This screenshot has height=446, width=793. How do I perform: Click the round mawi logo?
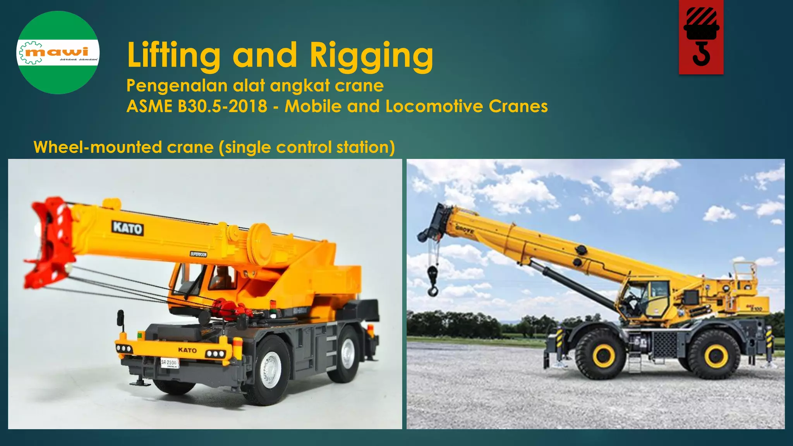tap(58, 53)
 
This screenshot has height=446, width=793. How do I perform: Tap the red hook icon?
tap(701, 37)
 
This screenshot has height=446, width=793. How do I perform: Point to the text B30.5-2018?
tap(222, 106)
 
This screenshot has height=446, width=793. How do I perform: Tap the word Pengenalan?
tap(177, 86)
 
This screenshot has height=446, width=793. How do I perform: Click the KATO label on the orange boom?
tap(128, 228)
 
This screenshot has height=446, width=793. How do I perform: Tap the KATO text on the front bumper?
tap(187, 350)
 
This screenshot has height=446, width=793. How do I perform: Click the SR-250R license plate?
tap(170, 363)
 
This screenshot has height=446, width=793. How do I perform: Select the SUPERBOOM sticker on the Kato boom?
tap(199, 254)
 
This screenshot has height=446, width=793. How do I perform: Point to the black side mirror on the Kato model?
tap(121, 318)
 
